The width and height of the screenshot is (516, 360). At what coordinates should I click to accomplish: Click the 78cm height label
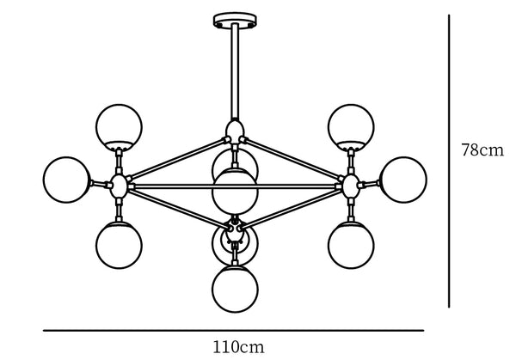[x=482, y=149]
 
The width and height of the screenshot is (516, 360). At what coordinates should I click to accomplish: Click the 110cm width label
[x=238, y=347]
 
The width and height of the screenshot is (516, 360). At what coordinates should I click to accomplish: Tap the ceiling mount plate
[x=235, y=20]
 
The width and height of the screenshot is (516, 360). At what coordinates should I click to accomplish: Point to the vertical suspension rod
[x=235, y=71]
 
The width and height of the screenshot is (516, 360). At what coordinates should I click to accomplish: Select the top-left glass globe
[x=119, y=126]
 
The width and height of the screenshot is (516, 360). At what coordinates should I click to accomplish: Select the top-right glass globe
[x=351, y=126]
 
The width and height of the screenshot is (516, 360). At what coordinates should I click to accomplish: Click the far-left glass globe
[x=67, y=180]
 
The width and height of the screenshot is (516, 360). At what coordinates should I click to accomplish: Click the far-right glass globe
[x=403, y=180]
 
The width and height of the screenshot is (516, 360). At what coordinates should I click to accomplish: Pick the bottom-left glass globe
[x=119, y=245]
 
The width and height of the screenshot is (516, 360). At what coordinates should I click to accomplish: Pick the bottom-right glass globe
[x=351, y=245]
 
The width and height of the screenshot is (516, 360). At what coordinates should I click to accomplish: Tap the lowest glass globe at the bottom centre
[x=235, y=289]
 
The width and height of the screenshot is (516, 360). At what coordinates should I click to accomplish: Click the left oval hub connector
[x=119, y=186]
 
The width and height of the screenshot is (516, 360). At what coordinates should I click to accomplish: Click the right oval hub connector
[x=351, y=186]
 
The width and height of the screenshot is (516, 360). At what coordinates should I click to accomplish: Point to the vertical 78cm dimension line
[x=449, y=161]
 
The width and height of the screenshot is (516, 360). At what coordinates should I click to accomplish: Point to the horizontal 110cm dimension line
[x=234, y=331]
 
